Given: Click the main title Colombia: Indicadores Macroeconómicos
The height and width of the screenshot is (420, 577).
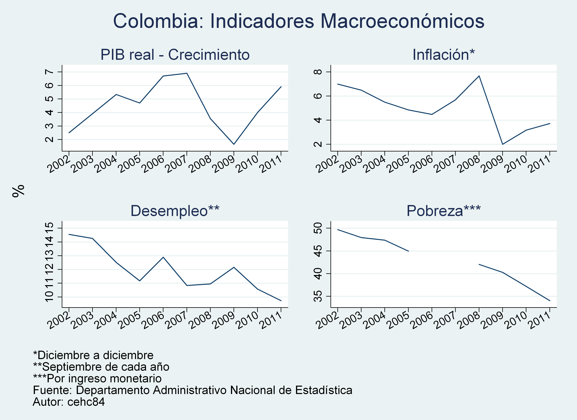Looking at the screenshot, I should tap(299, 21).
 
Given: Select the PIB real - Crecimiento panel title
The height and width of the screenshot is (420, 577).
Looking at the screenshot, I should tap(175, 55).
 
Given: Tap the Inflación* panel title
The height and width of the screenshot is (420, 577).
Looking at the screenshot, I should tap(443, 55).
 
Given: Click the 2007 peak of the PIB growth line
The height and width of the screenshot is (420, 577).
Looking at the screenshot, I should tap(187, 73).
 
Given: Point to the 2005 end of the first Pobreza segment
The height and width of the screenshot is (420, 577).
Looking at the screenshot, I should tap(408, 251).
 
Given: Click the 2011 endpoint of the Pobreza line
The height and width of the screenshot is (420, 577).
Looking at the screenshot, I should tap(550, 301).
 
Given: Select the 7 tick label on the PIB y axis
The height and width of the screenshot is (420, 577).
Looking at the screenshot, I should tap(50, 72).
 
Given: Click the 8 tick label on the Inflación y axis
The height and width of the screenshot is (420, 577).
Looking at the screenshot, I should tap(318, 72).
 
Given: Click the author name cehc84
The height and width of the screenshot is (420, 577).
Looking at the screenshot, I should tap(86, 402).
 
